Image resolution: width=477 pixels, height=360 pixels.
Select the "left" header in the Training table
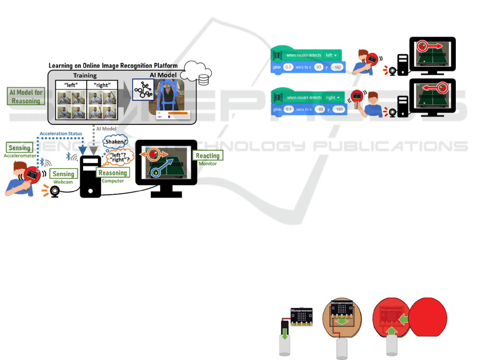[70, 85]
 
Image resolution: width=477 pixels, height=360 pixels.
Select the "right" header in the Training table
[101, 85]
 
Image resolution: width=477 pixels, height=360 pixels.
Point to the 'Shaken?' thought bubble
[115, 141]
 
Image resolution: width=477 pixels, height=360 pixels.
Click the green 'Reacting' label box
[207, 155]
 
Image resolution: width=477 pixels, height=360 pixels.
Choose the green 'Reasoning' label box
[112, 173]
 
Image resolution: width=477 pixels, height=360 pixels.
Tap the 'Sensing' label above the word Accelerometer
[20, 148]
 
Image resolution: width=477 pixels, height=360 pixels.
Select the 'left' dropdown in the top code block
[331, 55]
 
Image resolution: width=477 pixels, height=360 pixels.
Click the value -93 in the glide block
[319, 110]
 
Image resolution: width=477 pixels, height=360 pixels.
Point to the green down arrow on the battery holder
[284, 333]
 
